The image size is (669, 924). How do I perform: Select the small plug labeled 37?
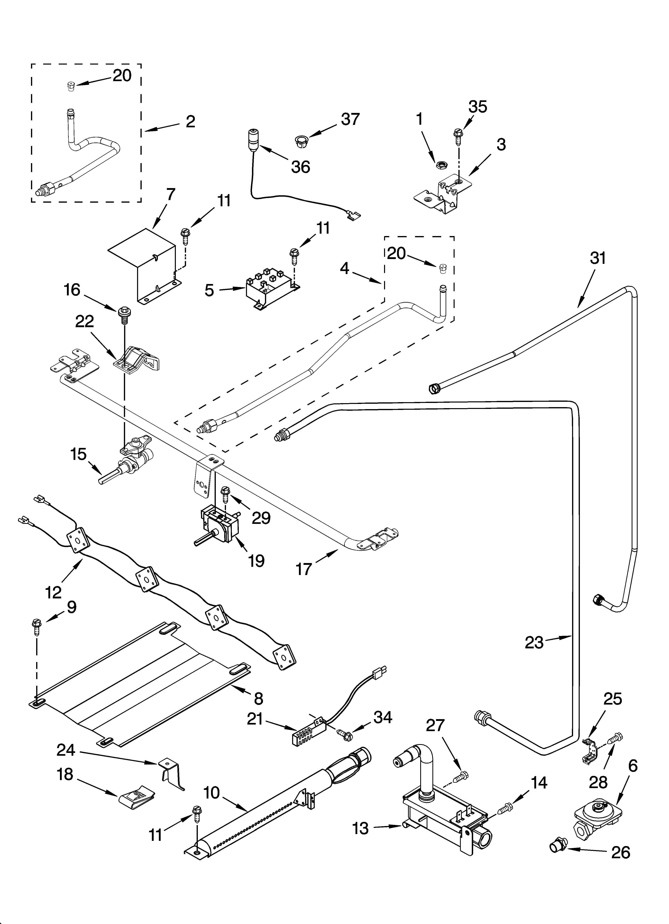tap(301, 142)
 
